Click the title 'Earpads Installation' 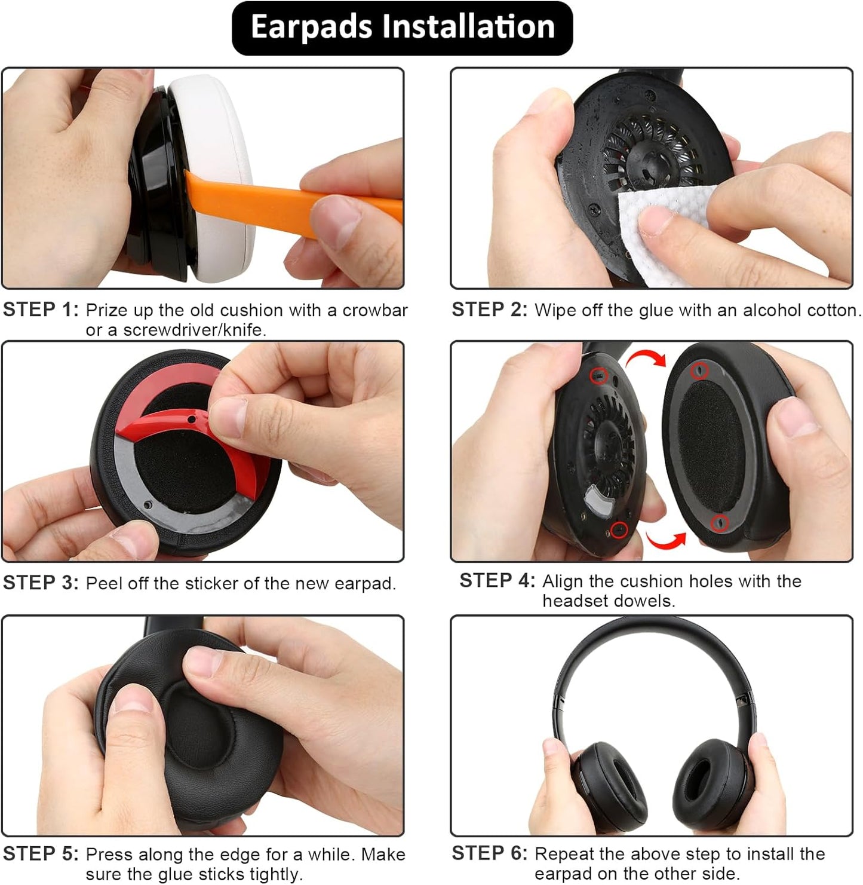[402, 27]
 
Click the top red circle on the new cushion [699, 370]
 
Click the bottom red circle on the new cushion [720, 522]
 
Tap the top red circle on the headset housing [598, 376]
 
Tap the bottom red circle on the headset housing [619, 529]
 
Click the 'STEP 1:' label [41, 310]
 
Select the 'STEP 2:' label [489, 310]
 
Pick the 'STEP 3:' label [41, 583]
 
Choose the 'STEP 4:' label [497, 580]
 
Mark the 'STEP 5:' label [41, 854]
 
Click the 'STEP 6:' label [489, 853]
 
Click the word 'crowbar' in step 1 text [375, 310]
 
